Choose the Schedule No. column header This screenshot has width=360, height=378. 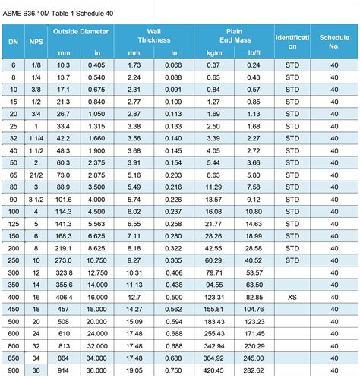[x=334, y=41]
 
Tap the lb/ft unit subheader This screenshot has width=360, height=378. [x=253, y=53]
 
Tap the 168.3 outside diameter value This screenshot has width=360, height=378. [x=63, y=235]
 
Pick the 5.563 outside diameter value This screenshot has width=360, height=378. [x=97, y=223]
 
